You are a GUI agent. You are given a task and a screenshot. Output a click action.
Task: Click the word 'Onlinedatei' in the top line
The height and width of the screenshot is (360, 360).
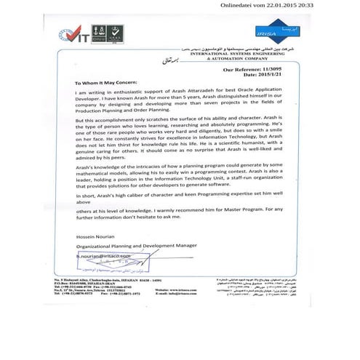point(240,5)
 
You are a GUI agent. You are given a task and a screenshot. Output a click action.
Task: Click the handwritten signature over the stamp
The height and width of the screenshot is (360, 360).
point(109,262)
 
